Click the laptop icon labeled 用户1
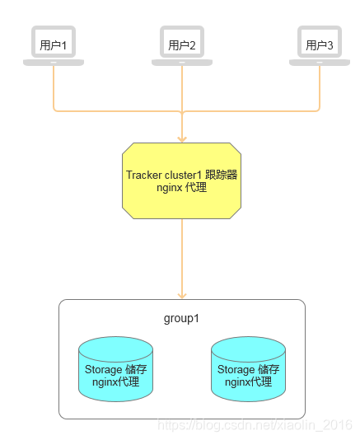(x=54, y=44)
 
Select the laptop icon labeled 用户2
(x=181, y=44)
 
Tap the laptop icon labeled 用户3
(x=319, y=44)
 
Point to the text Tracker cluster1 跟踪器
(x=182, y=175)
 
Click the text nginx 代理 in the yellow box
(x=181, y=188)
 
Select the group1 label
(x=182, y=318)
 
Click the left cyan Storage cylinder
(x=115, y=368)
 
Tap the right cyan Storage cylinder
(x=248, y=368)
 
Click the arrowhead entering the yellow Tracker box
(x=182, y=138)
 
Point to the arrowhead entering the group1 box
(x=182, y=294)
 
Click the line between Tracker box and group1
(x=182, y=255)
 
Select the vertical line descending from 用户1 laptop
(x=54, y=87)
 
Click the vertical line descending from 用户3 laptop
(x=319, y=87)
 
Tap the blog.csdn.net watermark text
(x=255, y=424)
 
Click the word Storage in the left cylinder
(x=103, y=370)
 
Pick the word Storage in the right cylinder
(x=236, y=370)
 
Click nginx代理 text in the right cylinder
(x=248, y=382)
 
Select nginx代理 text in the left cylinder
(x=115, y=382)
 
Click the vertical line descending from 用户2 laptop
(x=182, y=87)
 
